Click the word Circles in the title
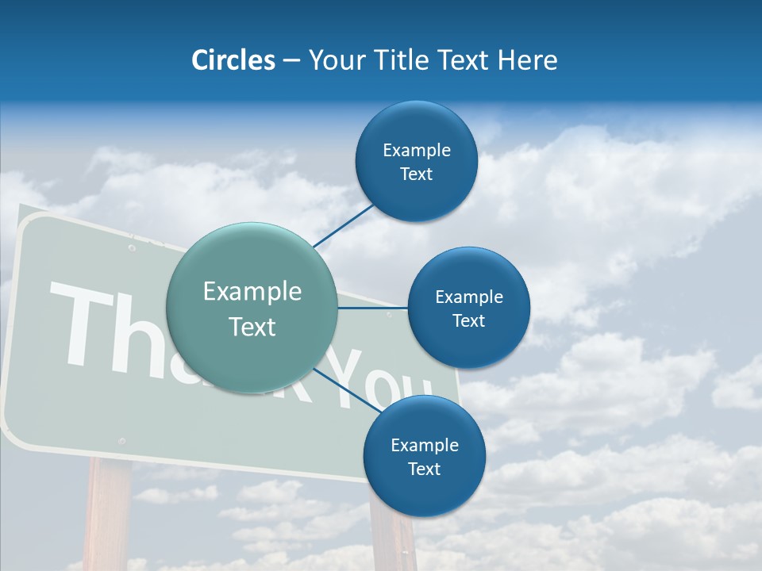(x=233, y=60)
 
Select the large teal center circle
(x=252, y=308)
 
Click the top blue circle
(x=416, y=162)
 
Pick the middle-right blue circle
(x=468, y=308)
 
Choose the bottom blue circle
(x=424, y=456)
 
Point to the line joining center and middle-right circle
(x=373, y=308)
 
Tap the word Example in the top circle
(x=416, y=151)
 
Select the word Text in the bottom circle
(x=424, y=469)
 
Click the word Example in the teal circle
(x=252, y=292)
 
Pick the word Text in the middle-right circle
(x=468, y=321)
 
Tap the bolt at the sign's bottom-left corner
(x=121, y=440)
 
